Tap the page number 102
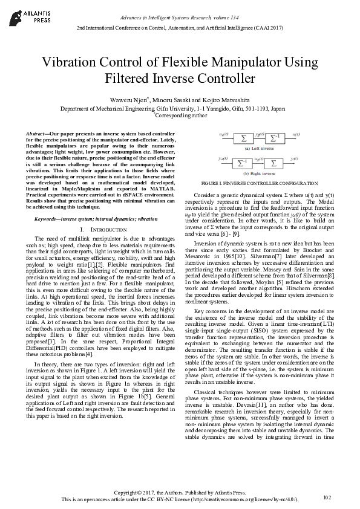pyautogui.click(x=327, y=497)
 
